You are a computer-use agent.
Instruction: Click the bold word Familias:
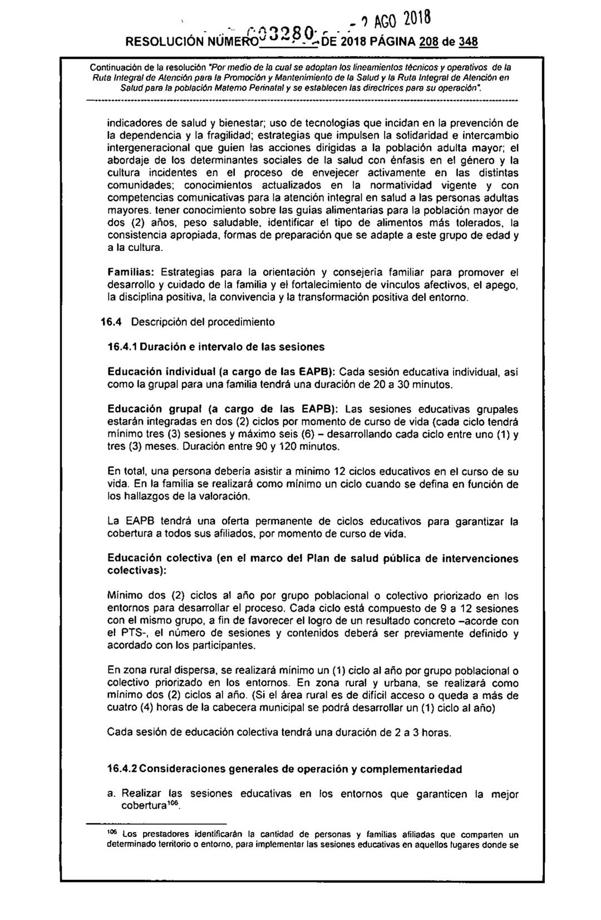(131, 273)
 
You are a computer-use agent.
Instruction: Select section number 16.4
(116, 322)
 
